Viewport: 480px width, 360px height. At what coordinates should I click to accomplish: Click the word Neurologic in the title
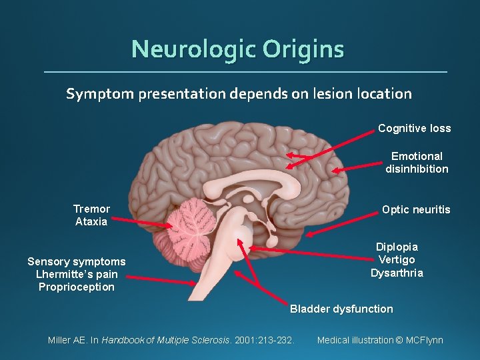point(193,49)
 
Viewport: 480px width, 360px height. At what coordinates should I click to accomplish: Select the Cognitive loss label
point(414,128)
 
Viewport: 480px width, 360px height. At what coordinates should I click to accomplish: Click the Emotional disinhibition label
point(417,163)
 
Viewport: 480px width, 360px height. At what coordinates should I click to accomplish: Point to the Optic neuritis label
point(416,210)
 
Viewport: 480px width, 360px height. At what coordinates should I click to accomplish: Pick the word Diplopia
point(397,247)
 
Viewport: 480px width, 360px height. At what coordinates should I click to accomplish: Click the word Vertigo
point(397,260)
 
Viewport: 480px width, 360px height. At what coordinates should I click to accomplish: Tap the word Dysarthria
point(397,273)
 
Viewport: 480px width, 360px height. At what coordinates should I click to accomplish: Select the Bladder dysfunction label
point(341,309)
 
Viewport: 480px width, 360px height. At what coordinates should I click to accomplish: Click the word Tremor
point(91,209)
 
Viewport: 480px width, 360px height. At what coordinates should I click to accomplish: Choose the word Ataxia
point(91,222)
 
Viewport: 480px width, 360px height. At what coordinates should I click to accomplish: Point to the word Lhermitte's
point(57,274)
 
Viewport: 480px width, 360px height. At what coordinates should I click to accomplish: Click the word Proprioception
point(77,287)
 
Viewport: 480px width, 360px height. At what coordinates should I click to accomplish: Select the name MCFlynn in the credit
point(424,340)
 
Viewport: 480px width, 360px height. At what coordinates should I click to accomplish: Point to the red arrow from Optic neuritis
point(340,223)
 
